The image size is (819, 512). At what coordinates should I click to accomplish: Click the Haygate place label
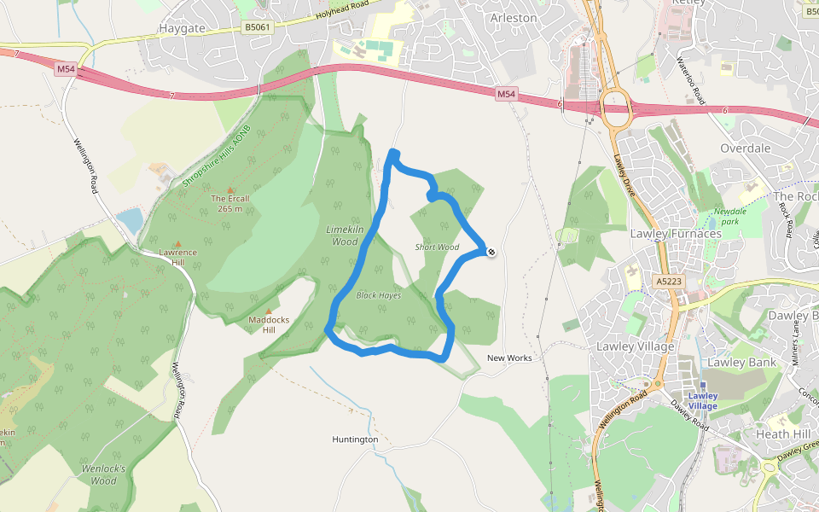point(183,28)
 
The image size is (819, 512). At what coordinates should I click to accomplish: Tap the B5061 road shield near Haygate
point(257,28)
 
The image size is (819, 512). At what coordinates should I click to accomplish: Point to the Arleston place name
point(514,17)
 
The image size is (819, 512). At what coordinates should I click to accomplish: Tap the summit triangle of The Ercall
point(229,190)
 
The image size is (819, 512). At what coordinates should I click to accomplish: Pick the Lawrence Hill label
point(177,257)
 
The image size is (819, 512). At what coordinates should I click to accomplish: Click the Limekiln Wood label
point(342,236)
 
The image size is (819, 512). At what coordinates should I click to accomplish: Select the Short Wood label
point(437,247)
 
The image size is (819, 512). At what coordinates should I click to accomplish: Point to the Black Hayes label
point(379,295)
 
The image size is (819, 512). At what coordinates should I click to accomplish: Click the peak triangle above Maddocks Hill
point(269,311)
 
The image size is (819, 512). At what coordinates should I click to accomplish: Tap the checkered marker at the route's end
point(491,251)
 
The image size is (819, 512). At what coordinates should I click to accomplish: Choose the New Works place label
point(509,358)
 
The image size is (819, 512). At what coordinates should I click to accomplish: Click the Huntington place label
point(355,439)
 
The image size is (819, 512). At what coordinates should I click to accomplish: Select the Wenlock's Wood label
point(104,474)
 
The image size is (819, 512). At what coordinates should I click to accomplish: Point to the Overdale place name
point(745,148)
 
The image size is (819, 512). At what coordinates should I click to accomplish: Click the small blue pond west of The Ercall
point(131,220)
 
